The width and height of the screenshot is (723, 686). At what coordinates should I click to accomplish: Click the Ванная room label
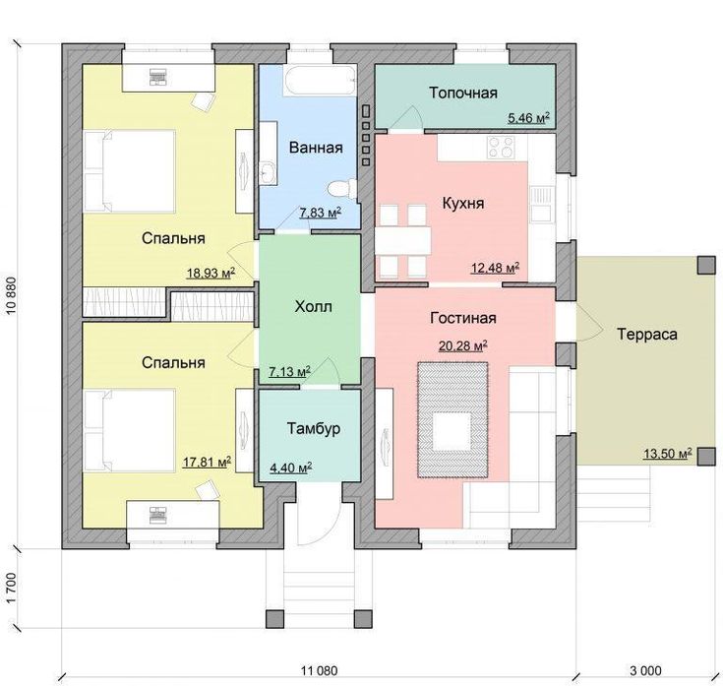[x=316, y=148]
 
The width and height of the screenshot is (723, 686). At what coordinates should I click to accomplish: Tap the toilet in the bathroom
[x=342, y=189]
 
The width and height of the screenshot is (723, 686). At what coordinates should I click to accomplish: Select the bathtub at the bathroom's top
[x=320, y=81]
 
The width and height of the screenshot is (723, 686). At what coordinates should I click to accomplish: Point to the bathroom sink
[x=268, y=172]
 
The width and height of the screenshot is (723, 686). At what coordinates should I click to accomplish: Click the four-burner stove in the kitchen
[x=501, y=148]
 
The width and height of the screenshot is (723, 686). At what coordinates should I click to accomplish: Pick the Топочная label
[x=463, y=93]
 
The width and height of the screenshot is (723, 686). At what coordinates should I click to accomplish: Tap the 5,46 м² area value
[x=529, y=118]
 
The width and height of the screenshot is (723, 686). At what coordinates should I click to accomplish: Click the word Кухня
[x=463, y=203]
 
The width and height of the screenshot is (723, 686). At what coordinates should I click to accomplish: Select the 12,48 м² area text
[x=495, y=268]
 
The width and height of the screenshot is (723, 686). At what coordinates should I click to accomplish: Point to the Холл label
[x=313, y=307]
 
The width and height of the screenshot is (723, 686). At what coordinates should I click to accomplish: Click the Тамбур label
[x=314, y=428]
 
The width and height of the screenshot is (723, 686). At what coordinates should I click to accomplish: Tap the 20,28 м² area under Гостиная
[x=463, y=345]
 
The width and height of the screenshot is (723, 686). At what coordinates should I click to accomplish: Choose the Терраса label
[x=647, y=334]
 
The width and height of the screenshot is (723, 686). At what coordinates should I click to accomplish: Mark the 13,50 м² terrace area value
[x=668, y=454]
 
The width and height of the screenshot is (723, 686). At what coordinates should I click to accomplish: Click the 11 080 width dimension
[x=319, y=670]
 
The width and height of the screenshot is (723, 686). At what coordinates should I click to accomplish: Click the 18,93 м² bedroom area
[x=211, y=273]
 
